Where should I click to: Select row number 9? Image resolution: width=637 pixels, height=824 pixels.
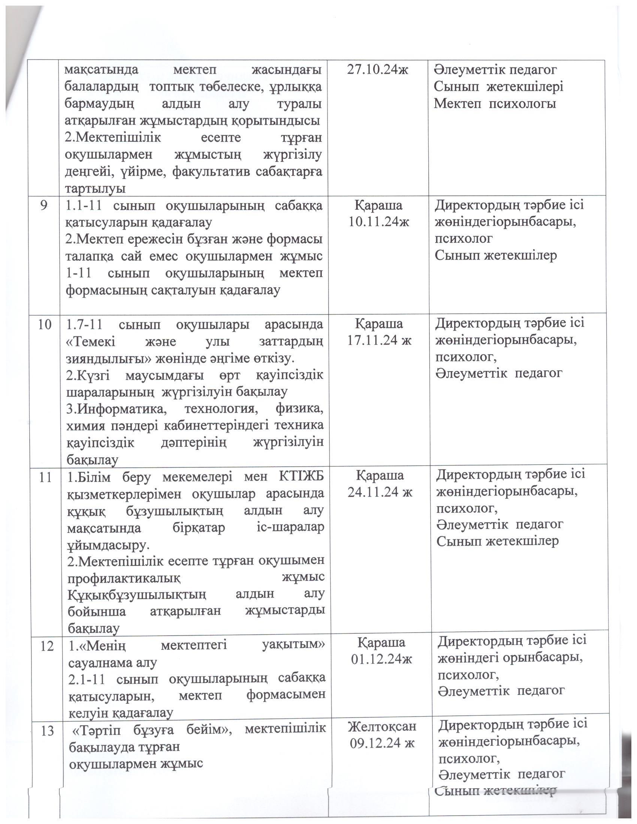[x=44, y=206]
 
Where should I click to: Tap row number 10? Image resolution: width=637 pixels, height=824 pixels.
[x=44, y=324]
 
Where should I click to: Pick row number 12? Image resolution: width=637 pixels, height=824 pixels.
[x=47, y=646]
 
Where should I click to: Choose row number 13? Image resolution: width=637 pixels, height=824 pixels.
[x=48, y=731]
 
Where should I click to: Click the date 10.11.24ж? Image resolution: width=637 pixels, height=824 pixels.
[x=379, y=222]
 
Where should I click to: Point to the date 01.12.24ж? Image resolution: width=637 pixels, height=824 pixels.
[x=381, y=659]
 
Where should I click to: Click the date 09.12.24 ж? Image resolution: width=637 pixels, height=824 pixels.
[x=382, y=743]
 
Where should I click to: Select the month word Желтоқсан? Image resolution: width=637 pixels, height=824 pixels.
[x=382, y=726]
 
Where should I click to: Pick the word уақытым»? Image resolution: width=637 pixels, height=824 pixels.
[x=293, y=645]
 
